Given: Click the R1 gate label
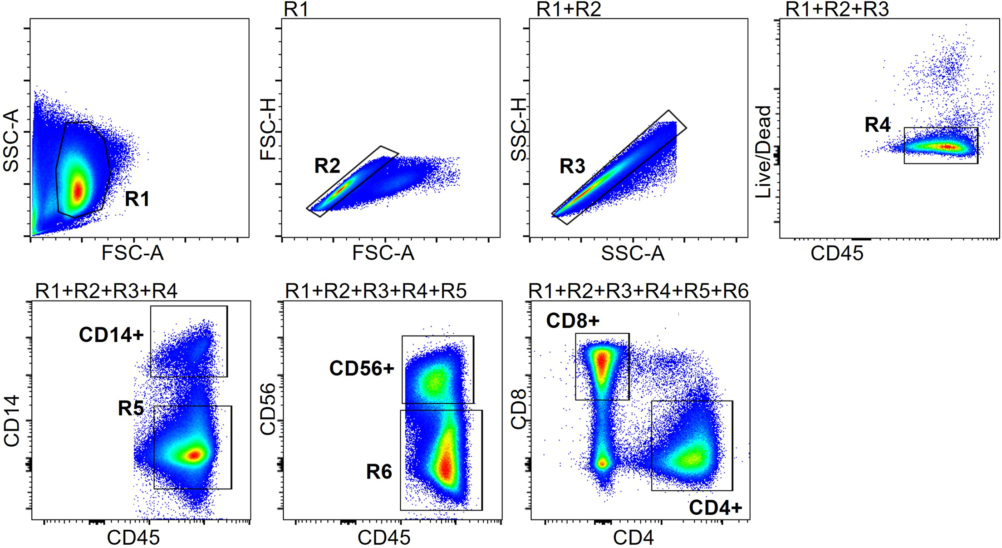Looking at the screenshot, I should [137, 199].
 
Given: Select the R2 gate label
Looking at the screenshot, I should [327, 166].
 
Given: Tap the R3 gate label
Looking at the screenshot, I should [572, 167].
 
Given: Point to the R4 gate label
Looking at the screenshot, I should [877, 125].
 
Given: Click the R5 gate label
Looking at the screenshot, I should [131, 408].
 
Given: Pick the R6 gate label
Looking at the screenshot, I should [379, 472].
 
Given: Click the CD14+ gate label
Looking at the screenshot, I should [111, 335].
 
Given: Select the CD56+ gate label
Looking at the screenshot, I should [362, 369].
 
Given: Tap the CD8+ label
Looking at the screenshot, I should [573, 321].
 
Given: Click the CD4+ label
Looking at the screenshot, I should [715, 508].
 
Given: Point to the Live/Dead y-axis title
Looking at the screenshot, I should [764, 152].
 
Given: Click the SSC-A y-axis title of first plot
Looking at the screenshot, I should [11, 140].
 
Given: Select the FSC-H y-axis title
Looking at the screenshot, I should [269, 130].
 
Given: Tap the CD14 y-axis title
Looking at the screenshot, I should [12, 420].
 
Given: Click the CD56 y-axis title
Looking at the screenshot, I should [268, 409].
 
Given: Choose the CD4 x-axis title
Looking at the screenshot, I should [633, 538].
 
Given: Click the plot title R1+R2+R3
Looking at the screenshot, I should [837, 9].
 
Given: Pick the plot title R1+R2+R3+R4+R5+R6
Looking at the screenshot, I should [638, 291].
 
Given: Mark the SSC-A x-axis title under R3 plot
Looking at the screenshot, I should [633, 253].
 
